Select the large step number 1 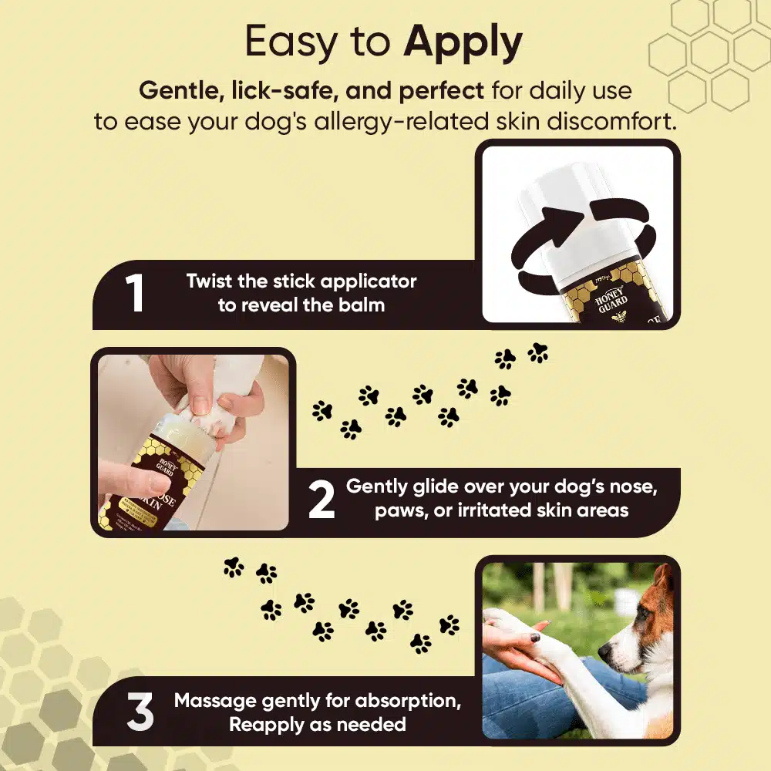[136, 294]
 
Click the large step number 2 [322, 501]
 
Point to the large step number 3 [140, 713]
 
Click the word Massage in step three [215, 701]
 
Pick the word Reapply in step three [267, 725]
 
